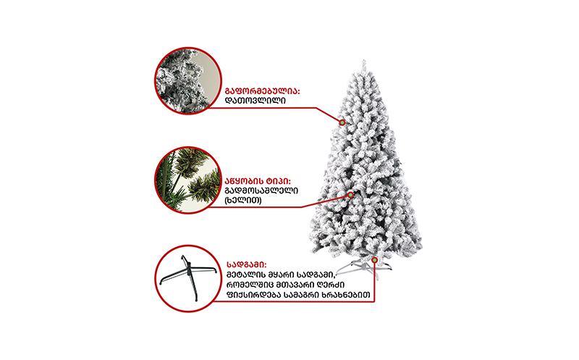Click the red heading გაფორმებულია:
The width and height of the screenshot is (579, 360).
click(262, 91)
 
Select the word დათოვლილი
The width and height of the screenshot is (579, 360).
click(255, 101)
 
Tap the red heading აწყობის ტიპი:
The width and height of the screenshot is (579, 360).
click(258, 182)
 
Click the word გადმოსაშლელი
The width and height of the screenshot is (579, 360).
click(261, 191)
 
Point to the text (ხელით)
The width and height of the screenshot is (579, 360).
click(243, 201)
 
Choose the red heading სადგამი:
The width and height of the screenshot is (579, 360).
click(246, 265)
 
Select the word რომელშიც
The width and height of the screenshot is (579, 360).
click(249, 285)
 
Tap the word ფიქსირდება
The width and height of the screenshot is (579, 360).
click(253, 295)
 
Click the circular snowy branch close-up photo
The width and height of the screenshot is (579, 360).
click(188, 80)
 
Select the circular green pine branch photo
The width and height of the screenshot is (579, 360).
click(188, 180)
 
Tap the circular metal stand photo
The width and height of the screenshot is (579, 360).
click(188, 278)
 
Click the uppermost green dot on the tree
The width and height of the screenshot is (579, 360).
click(342, 122)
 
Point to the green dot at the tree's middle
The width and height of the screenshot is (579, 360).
click(350, 195)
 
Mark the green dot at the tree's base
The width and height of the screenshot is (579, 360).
click(374, 260)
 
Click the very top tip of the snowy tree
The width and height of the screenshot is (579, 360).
click(364, 60)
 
